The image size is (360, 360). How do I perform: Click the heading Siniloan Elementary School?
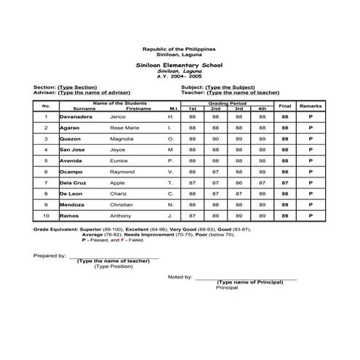179,64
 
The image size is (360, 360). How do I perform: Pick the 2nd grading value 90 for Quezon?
216,137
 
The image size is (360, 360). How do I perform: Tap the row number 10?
46,216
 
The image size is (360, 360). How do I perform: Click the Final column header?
285,106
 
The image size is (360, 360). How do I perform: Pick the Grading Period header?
227,103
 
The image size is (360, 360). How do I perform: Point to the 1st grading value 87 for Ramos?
193,216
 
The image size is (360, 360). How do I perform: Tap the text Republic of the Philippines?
179,48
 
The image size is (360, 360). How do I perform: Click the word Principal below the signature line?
227,287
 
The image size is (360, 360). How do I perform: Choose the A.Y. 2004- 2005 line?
179,76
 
